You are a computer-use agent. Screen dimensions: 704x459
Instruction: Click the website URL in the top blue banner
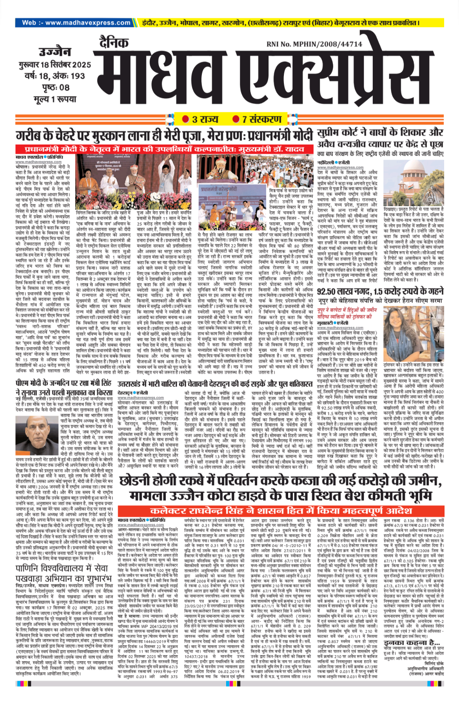point(76,23)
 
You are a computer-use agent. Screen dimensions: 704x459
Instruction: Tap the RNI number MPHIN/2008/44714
point(314,44)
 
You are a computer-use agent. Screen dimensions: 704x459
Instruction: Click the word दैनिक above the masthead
point(113,42)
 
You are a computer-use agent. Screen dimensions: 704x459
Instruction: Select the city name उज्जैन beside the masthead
point(55,52)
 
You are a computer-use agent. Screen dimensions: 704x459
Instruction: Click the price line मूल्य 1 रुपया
point(55,99)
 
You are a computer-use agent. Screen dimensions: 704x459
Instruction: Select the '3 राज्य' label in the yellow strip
point(201,119)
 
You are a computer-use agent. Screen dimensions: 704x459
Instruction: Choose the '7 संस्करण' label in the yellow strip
point(257,119)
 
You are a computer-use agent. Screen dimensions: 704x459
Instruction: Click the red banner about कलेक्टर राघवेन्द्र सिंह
point(280,511)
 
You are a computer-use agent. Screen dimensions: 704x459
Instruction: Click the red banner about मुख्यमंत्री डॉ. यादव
point(164,150)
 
